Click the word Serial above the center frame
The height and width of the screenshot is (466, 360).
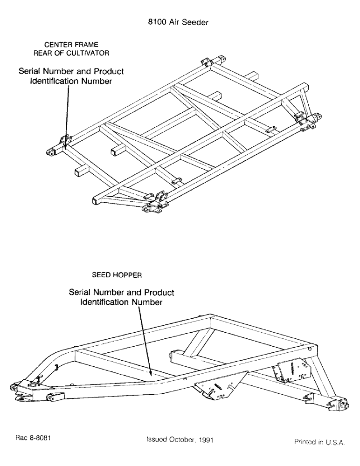32,72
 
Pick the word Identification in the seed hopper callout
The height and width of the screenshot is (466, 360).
103,302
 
